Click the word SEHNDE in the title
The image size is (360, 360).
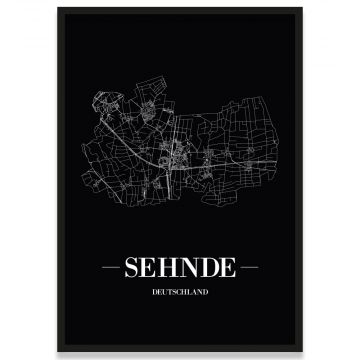[179, 267]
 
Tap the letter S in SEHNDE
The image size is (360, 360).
[130, 267]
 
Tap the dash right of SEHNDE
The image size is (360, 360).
[250, 268]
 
